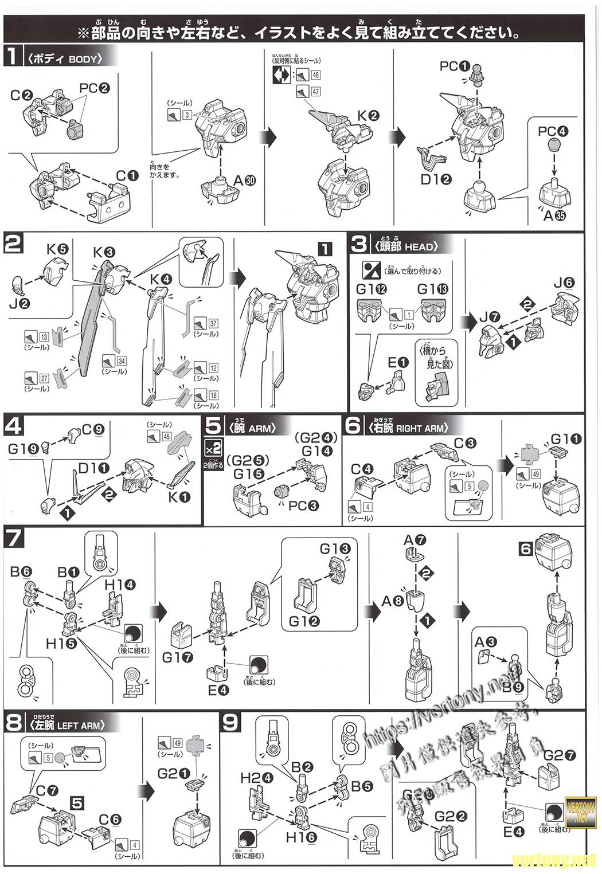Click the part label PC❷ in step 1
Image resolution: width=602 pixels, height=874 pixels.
coord(95,88)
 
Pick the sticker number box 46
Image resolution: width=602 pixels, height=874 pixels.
coord(315,75)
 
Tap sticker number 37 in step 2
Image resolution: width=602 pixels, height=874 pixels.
coord(213,323)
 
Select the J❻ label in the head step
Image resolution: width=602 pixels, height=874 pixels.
coord(564,283)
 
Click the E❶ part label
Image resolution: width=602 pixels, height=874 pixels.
coord(397,362)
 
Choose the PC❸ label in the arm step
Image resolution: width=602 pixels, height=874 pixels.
coord(303,505)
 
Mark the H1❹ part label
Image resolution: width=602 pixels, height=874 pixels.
coord(120,585)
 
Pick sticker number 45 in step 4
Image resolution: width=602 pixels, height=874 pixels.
coord(167,436)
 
